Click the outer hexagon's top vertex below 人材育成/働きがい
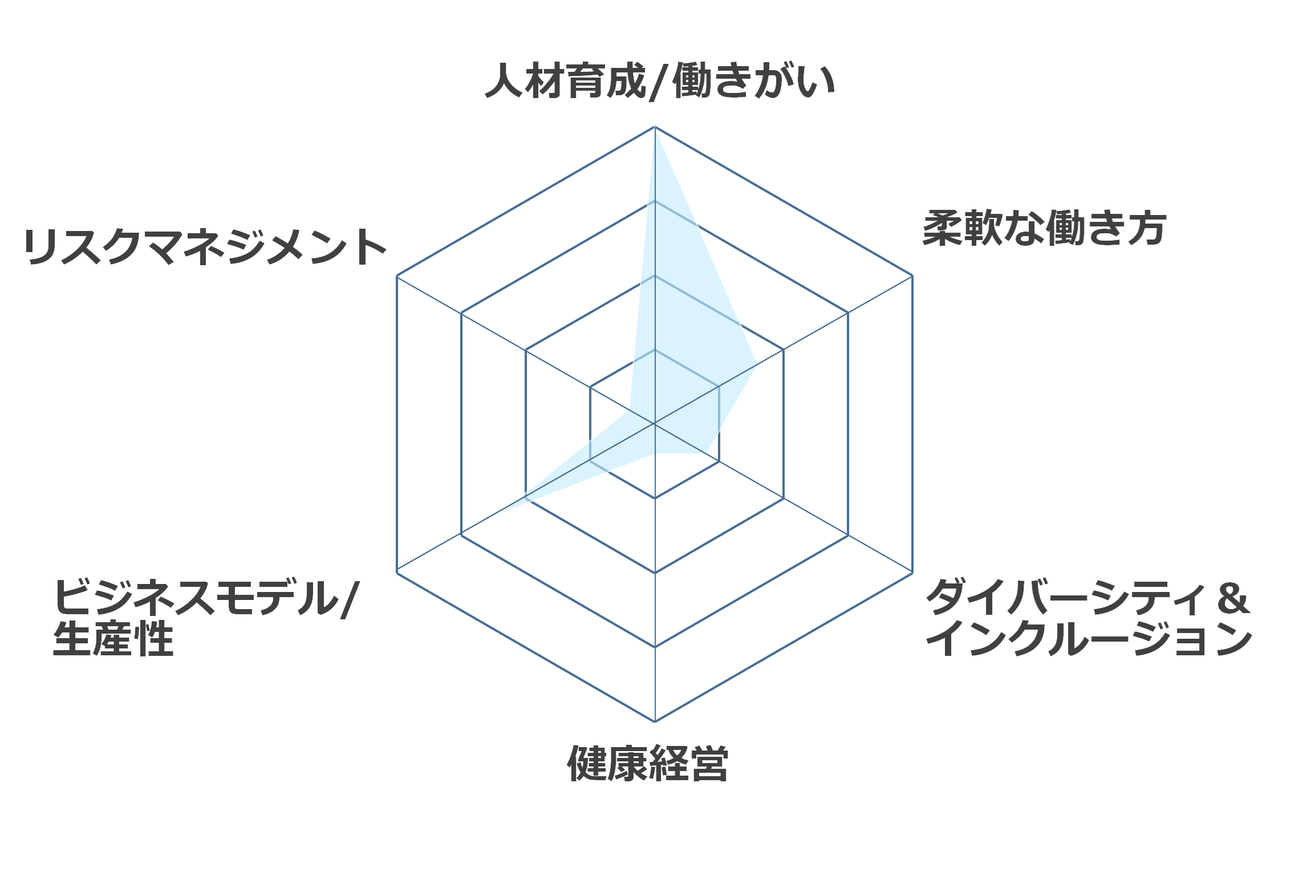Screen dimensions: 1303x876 click(x=655, y=127)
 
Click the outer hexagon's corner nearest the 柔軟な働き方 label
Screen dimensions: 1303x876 click(x=912, y=276)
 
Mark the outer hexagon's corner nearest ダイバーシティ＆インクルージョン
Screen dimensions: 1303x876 click(x=912, y=573)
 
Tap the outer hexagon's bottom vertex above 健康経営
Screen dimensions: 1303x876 click(x=655, y=721)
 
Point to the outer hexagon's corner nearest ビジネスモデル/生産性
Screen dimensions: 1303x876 click(x=397, y=573)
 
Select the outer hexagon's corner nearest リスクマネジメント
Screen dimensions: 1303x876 click(x=397, y=276)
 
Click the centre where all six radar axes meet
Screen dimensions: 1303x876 click(x=655, y=424)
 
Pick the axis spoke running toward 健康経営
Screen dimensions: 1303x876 click(x=655, y=573)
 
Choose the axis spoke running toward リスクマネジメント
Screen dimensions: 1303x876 click(x=526, y=350)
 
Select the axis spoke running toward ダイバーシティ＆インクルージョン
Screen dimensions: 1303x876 click(x=784, y=498)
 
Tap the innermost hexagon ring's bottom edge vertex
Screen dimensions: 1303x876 click(x=655, y=498)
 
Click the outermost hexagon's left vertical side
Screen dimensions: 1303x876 click(x=397, y=424)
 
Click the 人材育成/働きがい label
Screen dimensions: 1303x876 click(x=660, y=81)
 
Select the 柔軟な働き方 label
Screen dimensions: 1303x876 click(x=1044, y=228)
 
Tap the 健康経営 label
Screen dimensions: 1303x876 click(x=648, y=763)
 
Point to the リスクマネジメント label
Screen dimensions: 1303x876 click(x=205, y=247)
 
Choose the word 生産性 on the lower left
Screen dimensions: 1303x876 click(x=113, y=639)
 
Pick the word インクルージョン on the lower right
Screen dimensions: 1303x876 click(x=1089, y=639)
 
